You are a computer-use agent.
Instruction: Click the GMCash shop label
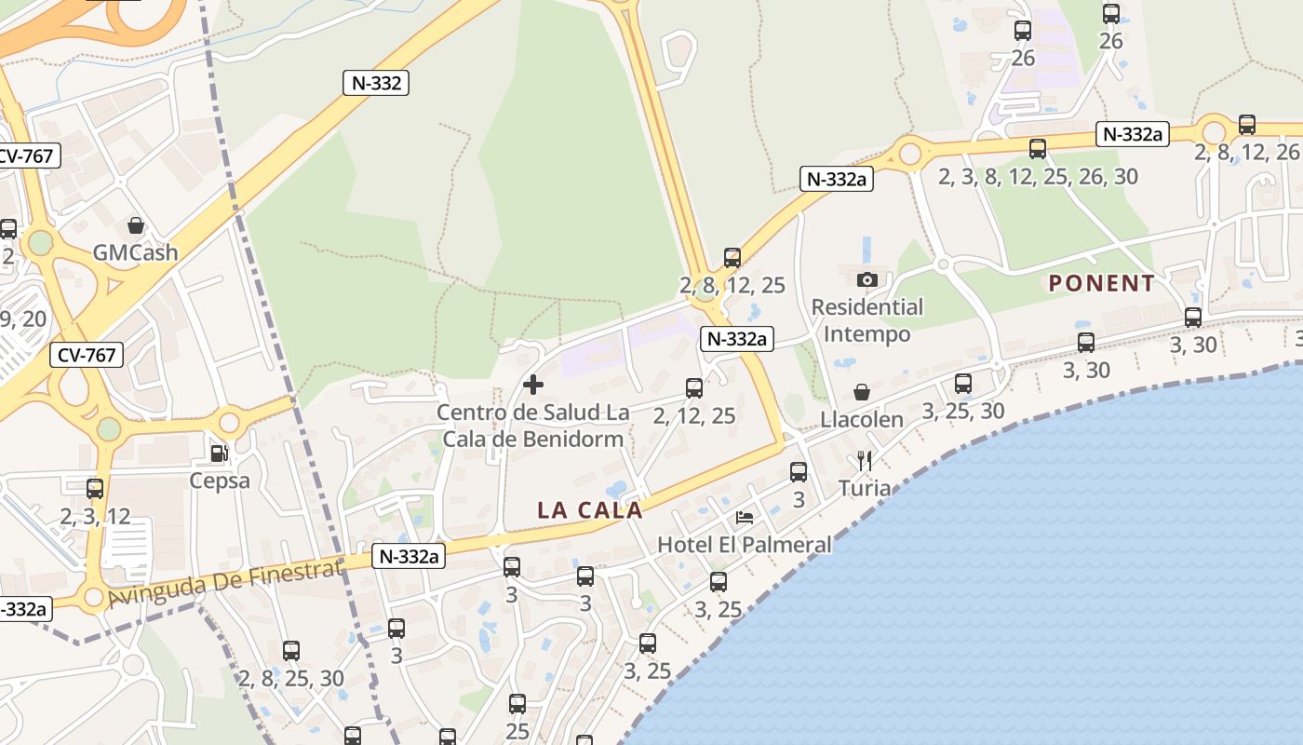135,252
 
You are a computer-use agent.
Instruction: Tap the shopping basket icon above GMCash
136,225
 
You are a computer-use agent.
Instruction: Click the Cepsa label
220,481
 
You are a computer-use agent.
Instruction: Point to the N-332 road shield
377,83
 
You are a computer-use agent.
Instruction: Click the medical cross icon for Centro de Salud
533,384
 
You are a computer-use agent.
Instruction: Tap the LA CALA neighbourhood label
590,510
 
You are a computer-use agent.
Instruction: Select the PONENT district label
1102,283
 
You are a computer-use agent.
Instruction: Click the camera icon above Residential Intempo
867,279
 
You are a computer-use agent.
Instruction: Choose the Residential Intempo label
867,319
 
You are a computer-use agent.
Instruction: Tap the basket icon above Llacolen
862,392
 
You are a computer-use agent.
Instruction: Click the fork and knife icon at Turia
865,460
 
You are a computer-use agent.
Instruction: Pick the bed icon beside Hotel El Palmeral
745,517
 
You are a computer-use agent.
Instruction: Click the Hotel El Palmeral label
745,545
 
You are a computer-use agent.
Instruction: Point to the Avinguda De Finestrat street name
225,584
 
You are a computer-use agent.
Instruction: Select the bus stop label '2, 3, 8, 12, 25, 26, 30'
1038,176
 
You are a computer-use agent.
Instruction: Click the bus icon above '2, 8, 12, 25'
732,258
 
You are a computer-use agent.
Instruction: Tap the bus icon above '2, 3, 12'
95,489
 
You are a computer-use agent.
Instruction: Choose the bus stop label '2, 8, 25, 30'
291,678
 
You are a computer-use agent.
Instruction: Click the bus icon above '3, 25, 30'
963,384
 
